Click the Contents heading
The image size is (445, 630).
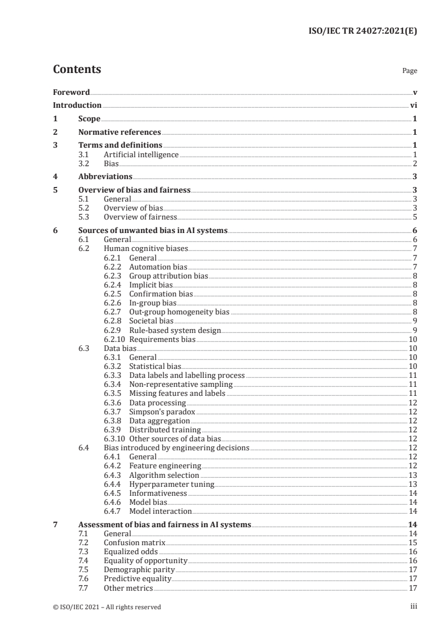pyautogui.click(x=77, y=70)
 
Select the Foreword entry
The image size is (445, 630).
pyautogui.click(x=71, y=92)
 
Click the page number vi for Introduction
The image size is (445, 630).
pyautogui.click(x=413, y=105)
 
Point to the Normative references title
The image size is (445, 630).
pyautogui.click(x=120, y=133)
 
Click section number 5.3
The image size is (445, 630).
pyautogui.click(x=85, y=217)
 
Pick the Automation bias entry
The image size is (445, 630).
pyautogui.click(x=158, y=267)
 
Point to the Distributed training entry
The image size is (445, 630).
pyautogui.click(x=165, y=430)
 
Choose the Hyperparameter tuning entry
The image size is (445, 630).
pyautogui.click(x=172, y=484)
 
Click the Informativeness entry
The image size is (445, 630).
pyautogui.click(x=158, y=493)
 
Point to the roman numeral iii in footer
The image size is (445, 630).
pyautogui.click(x=414, y=606)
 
